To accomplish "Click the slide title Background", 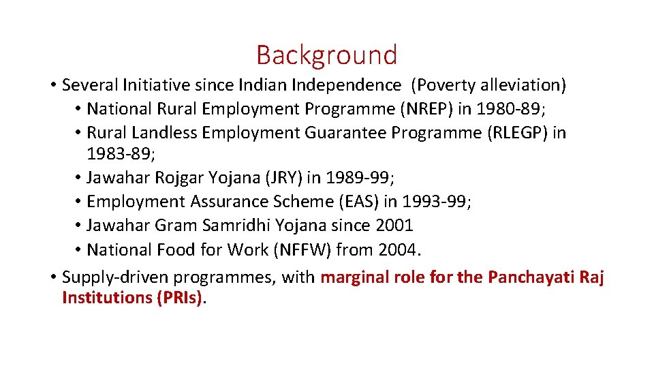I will (326, 55).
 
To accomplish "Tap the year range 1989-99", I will (357, 178).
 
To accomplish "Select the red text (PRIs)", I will (176, 298).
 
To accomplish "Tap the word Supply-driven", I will (115, 277).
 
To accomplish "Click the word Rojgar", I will (179, 178).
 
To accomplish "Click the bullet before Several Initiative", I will (52, 85).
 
